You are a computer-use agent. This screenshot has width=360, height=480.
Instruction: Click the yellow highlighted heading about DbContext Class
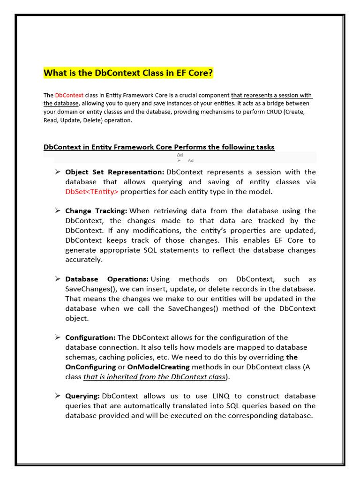pos(128,73)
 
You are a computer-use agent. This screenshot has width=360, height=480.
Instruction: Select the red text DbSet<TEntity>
pos(92,192)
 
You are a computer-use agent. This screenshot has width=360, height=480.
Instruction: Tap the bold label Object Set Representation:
pos(114,172)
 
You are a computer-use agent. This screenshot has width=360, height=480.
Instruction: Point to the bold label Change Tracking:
pos(96,211)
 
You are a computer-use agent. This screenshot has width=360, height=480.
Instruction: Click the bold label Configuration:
pos(90,337)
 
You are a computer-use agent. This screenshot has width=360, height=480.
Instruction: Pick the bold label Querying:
pos(82,396)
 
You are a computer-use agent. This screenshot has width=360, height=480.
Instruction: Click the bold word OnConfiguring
pos(90,367)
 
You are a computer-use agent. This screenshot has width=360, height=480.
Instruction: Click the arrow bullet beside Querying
pos(57,396)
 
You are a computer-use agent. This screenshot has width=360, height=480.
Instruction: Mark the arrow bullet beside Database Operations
pos(57,279)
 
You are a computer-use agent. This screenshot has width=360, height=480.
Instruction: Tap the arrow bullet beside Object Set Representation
pos(57,172)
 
